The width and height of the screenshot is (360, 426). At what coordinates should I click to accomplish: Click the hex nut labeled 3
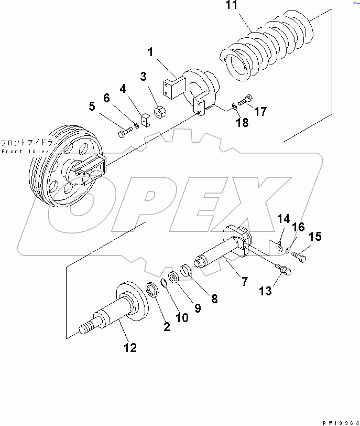(x=160, y=112)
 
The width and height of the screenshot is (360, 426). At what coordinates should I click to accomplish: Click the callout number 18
(x=242, y=123)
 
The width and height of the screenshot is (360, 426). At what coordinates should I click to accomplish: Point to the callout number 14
(x=283, y=218)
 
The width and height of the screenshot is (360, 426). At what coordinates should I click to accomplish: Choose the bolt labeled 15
(x=298, y=257)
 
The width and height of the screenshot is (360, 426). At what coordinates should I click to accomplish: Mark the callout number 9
(x=197, y=308)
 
